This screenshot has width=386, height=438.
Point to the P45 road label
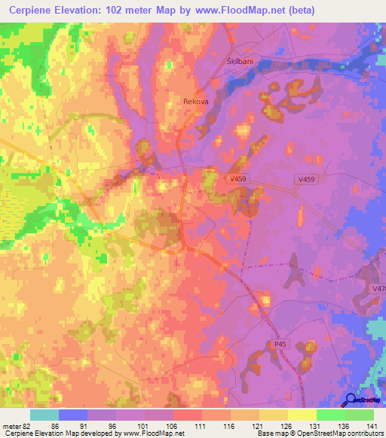coord(280,344)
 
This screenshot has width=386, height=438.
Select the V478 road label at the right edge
coord(378,288)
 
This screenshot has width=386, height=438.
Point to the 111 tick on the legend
coord(201,425)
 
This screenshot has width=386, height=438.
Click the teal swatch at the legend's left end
coord(44,415)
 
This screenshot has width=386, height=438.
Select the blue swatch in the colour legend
coord(72,415)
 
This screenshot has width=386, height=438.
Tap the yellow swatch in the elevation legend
coord(302,415)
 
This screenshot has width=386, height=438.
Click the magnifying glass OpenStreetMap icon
coord(351,401)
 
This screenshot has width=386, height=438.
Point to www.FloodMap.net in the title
coord(236,11)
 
